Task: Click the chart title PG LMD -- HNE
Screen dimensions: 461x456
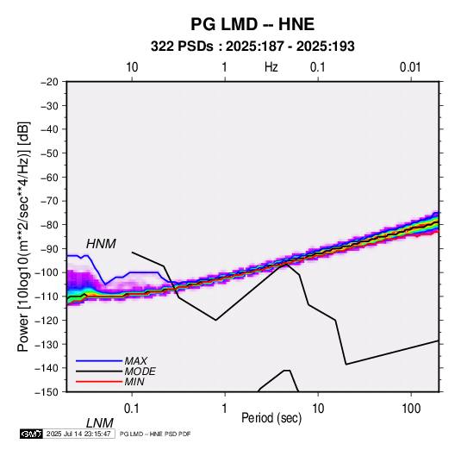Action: [x=252, y=24]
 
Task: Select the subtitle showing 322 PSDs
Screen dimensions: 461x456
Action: [x=252, y=47]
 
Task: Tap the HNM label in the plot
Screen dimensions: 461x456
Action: [x=101, y=244]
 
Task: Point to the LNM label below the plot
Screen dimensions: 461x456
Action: [x=100, y=423]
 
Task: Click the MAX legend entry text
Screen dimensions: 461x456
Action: [x=136, y=360]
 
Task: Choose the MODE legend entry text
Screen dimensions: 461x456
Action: [x=140, y=372]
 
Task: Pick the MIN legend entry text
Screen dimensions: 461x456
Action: [x=134, y=382]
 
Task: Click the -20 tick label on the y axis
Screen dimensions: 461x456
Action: [x=49, y=82]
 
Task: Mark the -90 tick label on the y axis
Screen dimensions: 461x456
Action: [x=49, y=249]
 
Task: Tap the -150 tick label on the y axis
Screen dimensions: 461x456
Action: [x=47, y=392]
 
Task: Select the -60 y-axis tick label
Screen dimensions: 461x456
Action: [x=49, y=177]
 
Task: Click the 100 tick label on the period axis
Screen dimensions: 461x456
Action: [x=411, y=409]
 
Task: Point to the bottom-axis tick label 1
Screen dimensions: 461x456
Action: [x=225, y=409]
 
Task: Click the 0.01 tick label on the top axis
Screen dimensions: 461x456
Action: [x=410, y=67]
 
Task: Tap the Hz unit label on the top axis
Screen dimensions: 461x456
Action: [x=271, y=67]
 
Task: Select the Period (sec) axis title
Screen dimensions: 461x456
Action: [x=271, y=418]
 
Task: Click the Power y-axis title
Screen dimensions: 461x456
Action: [x=23, y=236]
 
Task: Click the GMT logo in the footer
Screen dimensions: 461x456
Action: [x=31, y=434]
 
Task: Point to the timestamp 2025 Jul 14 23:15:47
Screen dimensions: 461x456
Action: [x=78, y=434]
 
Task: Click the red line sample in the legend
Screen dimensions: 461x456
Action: [x=99, y=382]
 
